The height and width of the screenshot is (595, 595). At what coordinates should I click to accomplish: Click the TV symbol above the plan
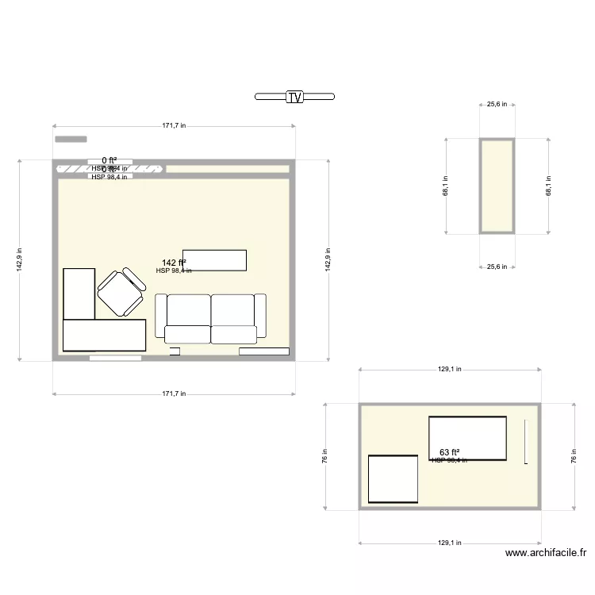tap(294, 97)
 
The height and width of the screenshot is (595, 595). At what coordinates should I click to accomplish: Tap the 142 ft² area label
tap(174, 263)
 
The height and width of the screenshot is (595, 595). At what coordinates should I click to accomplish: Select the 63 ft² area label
tap(450, 452)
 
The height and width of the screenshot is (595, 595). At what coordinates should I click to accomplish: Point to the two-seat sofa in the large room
tap(210, 319)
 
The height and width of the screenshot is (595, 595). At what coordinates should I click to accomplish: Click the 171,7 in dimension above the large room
tap(174, 125)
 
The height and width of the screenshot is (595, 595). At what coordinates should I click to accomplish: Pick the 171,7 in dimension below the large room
tap(174, 393)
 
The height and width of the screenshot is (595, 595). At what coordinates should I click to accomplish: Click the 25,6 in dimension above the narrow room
tap(497, 104)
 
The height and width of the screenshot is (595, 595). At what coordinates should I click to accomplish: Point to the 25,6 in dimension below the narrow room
tap(497, 267)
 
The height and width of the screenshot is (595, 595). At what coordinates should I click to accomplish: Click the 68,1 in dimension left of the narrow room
tap(446, 186)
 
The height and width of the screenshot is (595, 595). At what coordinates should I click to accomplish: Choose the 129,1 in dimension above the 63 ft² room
tap(450, 369)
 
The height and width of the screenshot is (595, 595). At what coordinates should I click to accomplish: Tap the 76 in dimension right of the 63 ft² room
tap(574, 455)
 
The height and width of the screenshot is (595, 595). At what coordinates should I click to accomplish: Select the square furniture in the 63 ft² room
tap(393, 479)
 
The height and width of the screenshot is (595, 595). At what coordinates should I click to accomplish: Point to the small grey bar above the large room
tap(71, 140)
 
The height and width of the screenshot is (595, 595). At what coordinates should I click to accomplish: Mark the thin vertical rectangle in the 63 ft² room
tap(525, 441)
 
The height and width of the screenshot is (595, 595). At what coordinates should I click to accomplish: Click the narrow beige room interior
tap(497, 186)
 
